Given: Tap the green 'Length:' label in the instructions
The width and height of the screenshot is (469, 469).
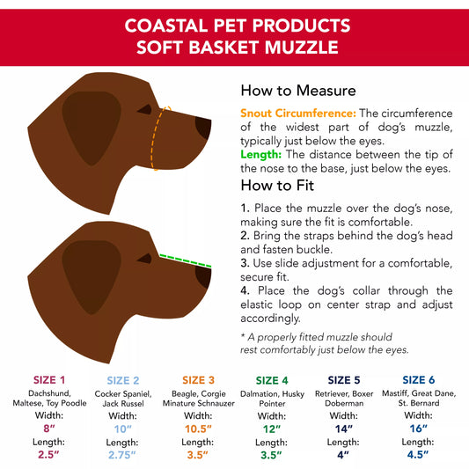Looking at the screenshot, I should coord(261,154).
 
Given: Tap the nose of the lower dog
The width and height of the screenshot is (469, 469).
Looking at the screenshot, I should coord(204,280).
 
